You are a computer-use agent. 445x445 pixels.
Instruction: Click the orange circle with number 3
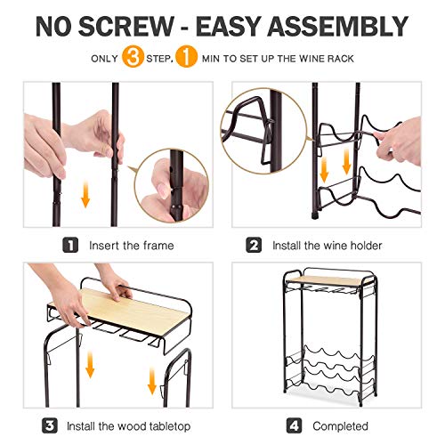[133, 56]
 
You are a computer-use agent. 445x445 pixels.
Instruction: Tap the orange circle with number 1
[186, 56]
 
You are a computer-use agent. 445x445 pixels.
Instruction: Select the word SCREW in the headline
[126, 27]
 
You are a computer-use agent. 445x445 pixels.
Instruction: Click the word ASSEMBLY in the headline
[338, 27]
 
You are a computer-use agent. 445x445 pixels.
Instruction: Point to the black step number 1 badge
[70, 245]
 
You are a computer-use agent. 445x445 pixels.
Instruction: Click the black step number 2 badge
[254, 245]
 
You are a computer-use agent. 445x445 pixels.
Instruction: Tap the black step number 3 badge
[50, 425]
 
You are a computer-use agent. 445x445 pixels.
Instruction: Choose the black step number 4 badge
[294, 425]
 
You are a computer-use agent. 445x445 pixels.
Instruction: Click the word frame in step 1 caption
[158, 246]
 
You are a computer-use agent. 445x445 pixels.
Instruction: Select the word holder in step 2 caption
[366, 246]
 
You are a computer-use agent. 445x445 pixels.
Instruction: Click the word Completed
[340, 426]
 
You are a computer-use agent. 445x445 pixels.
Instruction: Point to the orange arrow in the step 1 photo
[85, 194]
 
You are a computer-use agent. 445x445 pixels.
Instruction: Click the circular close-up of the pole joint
[172, 186]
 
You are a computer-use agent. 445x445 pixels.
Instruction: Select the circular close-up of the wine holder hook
[263, 131]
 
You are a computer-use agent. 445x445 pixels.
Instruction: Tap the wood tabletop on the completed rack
[328, 280]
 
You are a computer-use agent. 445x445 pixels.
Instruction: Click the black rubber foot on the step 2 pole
[315, 214]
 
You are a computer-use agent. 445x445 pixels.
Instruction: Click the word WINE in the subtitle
[311, 59]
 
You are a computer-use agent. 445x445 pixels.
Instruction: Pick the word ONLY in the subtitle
[105, 59]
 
